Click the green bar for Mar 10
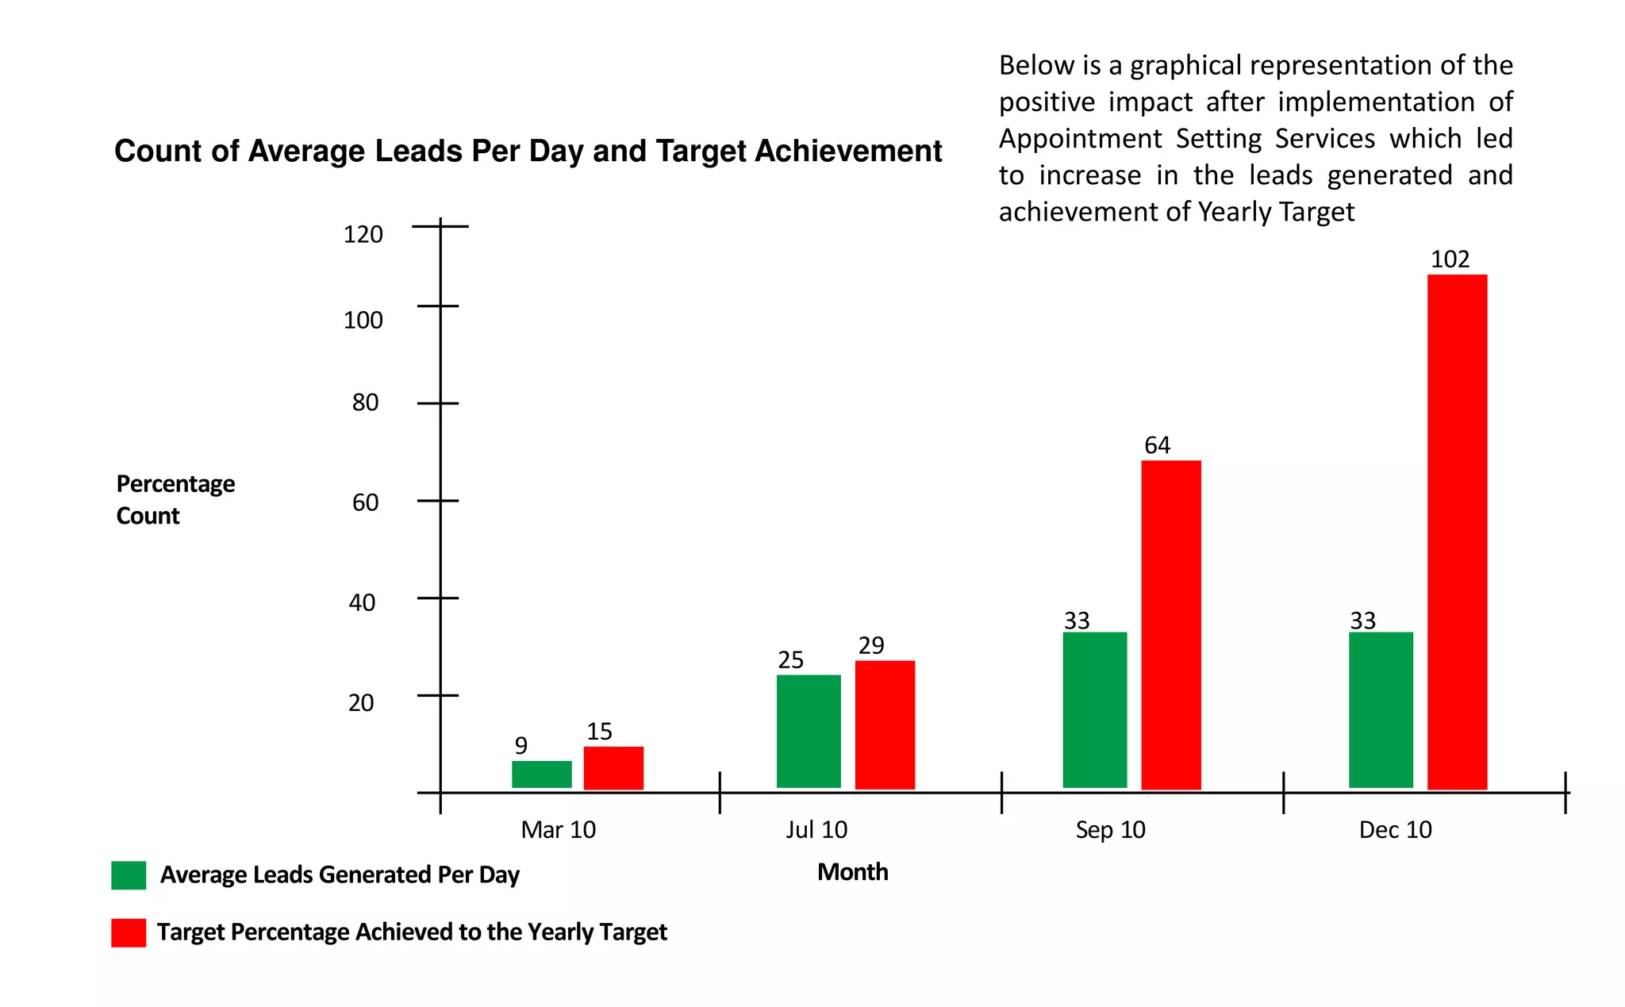(542, 774)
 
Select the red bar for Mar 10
(613, 768)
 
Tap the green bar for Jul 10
(809, 731)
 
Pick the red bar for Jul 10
(885, 725)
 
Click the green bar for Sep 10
(1095, 709)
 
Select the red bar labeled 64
(1171, 625)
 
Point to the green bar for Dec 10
(1381, 709)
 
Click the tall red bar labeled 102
(1457, 532)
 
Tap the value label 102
(1450, 259)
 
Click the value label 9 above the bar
(521, 746)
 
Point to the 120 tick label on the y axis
(363, 235)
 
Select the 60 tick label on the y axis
(365, 502)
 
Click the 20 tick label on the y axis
(361, 703)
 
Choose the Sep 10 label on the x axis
(1110, 830)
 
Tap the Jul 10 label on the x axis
(816, 830)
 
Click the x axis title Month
(852, 872)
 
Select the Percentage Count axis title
(175, 500)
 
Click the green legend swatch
(129, 875)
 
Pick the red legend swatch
(129, 932)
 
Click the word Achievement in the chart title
(848, 151)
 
